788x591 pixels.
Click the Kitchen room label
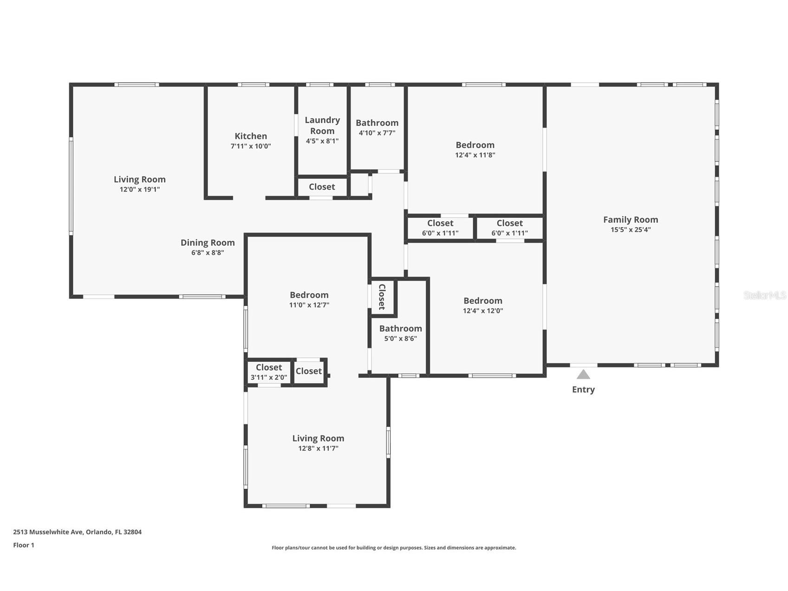tap(251, 136)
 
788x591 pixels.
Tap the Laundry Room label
tap(322, 125)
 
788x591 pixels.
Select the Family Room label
tap(631, 220)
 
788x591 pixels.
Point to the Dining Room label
tap(208, 243)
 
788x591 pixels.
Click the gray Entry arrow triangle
tap(583, 374)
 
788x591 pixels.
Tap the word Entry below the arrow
tap(583, 389)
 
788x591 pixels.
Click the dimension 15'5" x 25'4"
tap(631, 230)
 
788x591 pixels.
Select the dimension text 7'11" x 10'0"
tap(251, 146)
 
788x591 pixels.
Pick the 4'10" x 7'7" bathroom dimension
tap(377, 133)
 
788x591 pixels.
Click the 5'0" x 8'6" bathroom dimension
tap(400, 339)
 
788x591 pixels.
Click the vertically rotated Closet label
tap(382, 297)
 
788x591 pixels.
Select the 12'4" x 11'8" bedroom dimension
tap(475, 155)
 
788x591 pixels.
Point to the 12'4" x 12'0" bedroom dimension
tap(483, 311)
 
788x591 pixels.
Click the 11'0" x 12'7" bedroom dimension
tap(309, 305)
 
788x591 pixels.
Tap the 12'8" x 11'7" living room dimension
tap(318, 448)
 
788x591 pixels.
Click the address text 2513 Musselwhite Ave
tap(48, 532)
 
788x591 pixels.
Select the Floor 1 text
tap(24, 545)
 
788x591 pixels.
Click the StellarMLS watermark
tap(765, 295)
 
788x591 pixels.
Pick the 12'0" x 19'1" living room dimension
tap(140, 190)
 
